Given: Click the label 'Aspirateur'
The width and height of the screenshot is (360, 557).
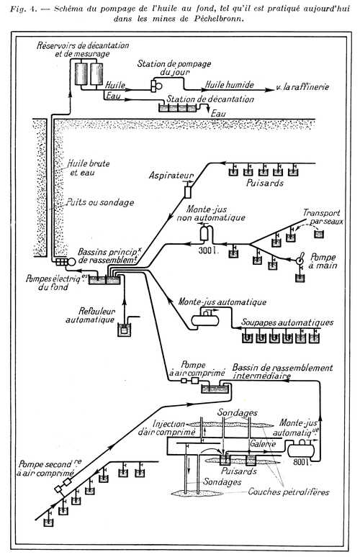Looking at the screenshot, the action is pyautogui.click(x=171, y=175).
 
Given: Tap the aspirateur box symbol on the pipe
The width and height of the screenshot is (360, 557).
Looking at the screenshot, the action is pyautogui.click(x=188, y=192).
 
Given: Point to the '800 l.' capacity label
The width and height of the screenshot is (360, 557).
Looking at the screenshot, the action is pyautogui.click(x=303, y=462).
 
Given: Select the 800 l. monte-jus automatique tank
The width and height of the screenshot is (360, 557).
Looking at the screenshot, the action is pyautogui.click(x=301, y=450).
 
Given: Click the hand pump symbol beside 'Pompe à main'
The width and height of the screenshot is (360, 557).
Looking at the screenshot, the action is pyautogui.click(x=300, y=259).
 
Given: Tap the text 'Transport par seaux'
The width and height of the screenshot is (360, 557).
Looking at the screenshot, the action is pyautogui.click(x=323, y=217).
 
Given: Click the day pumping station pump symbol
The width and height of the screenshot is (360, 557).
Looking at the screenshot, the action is pyautogui.click(x=156, y=86).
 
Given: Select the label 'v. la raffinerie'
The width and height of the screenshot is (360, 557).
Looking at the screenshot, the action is pyautogui.click(x=302, y=86).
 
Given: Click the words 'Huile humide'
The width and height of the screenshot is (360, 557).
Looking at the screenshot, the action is pyautogui.click(x=230, y=84).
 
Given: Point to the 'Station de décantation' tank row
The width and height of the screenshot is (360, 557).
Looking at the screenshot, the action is pyautogui.click(x=177, y=108).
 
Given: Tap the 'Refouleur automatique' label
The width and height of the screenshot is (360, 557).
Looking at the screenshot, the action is pyautogui.click(x=90, y=315).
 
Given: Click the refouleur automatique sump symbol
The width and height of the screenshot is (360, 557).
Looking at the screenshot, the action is pyautogui.click(x=124, y=330).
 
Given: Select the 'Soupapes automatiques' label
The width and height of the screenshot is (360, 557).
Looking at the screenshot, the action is pyautogui.click(x=287, y=322).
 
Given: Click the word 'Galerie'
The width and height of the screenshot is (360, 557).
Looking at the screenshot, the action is pyautogui.click(x=263, y=444).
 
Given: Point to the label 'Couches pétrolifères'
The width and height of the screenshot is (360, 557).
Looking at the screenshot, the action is pyautogui.click(x=289, y=492).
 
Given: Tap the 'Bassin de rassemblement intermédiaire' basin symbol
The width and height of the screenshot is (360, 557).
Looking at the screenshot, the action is pyautogui.click(x=214, y=388).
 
